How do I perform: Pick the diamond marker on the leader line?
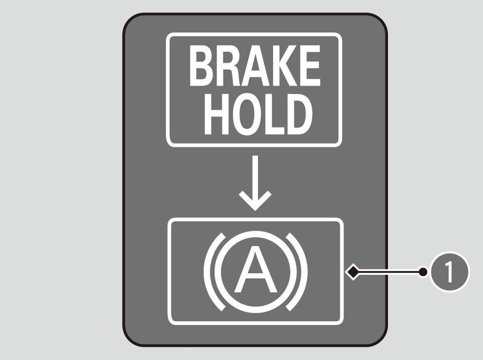pos(354,272)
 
